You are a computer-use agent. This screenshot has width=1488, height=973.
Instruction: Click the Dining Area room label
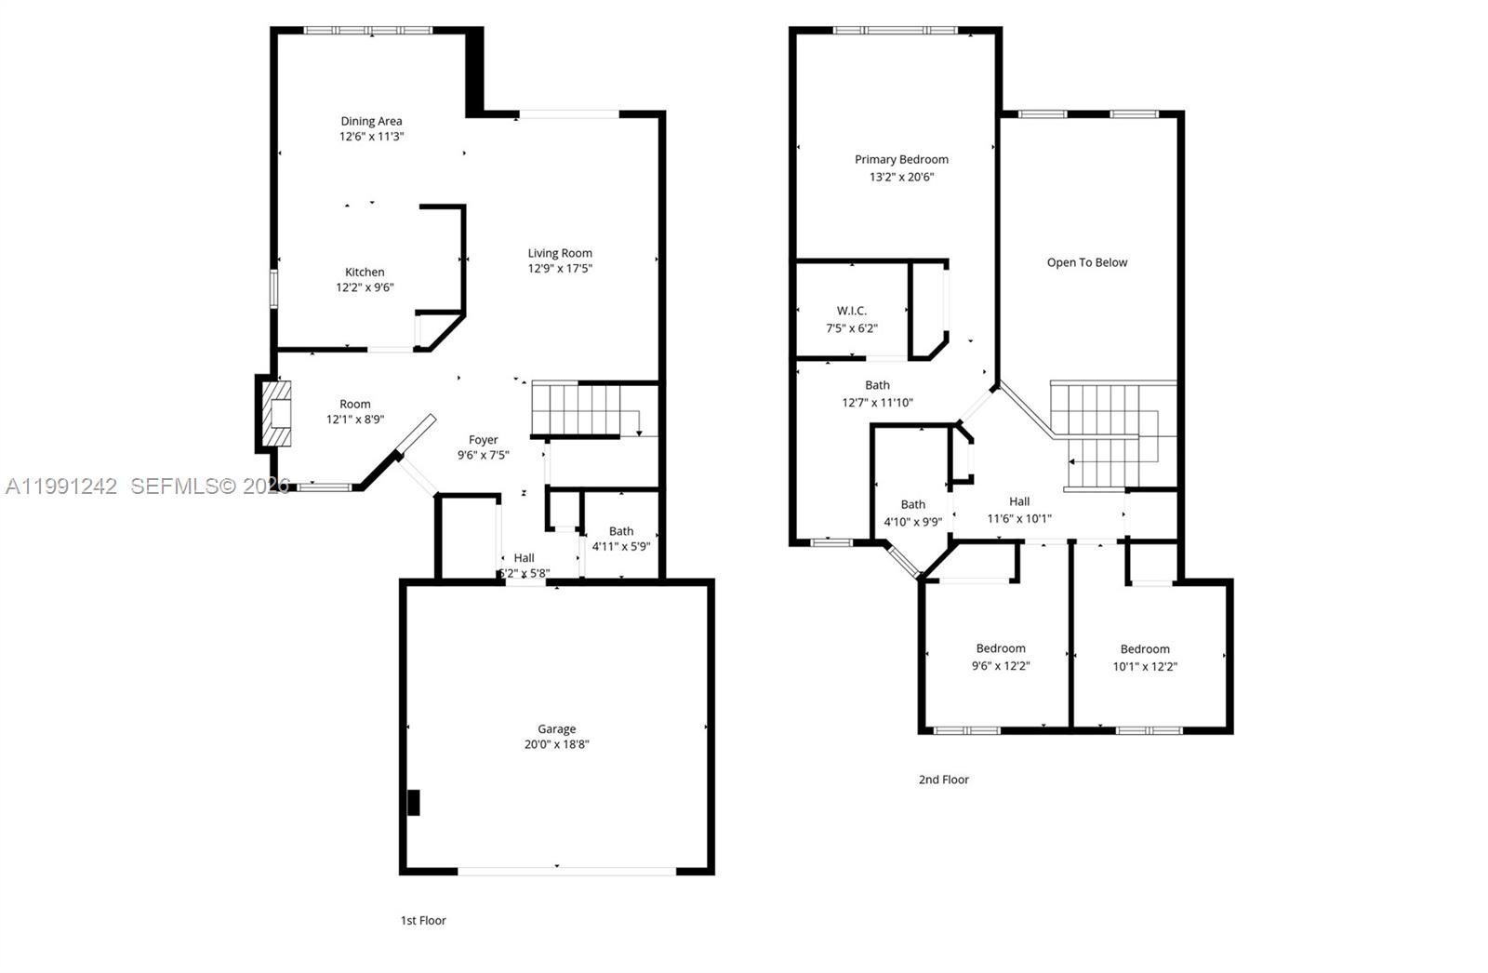371,121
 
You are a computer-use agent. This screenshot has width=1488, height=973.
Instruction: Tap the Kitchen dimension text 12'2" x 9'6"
365,287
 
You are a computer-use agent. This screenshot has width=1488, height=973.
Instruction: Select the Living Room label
560,253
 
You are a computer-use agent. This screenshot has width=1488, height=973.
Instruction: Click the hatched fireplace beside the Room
275,415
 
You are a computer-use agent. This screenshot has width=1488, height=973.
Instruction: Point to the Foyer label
483,440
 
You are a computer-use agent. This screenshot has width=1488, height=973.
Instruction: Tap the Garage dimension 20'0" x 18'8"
556,744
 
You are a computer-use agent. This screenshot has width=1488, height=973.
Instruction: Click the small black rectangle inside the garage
414,802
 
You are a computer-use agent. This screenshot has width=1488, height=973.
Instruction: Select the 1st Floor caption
423,920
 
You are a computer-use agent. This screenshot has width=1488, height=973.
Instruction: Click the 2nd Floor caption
943,780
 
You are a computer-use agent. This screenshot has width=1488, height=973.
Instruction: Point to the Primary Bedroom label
901,159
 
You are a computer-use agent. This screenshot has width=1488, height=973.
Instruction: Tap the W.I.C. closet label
851,311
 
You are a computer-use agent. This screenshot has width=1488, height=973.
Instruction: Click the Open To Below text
1086,262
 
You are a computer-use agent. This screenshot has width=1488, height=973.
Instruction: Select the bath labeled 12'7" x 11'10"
877,393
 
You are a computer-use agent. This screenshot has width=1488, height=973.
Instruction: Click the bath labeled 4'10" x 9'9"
912,513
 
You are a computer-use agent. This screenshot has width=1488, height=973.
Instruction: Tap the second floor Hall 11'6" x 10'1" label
1019,510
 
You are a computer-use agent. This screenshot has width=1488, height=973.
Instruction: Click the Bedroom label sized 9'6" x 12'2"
1001,657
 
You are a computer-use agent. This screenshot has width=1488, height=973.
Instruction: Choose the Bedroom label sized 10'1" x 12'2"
1145,658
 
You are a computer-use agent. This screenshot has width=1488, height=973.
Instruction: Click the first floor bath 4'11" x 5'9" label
620,539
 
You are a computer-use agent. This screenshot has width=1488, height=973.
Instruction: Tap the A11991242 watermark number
61,486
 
